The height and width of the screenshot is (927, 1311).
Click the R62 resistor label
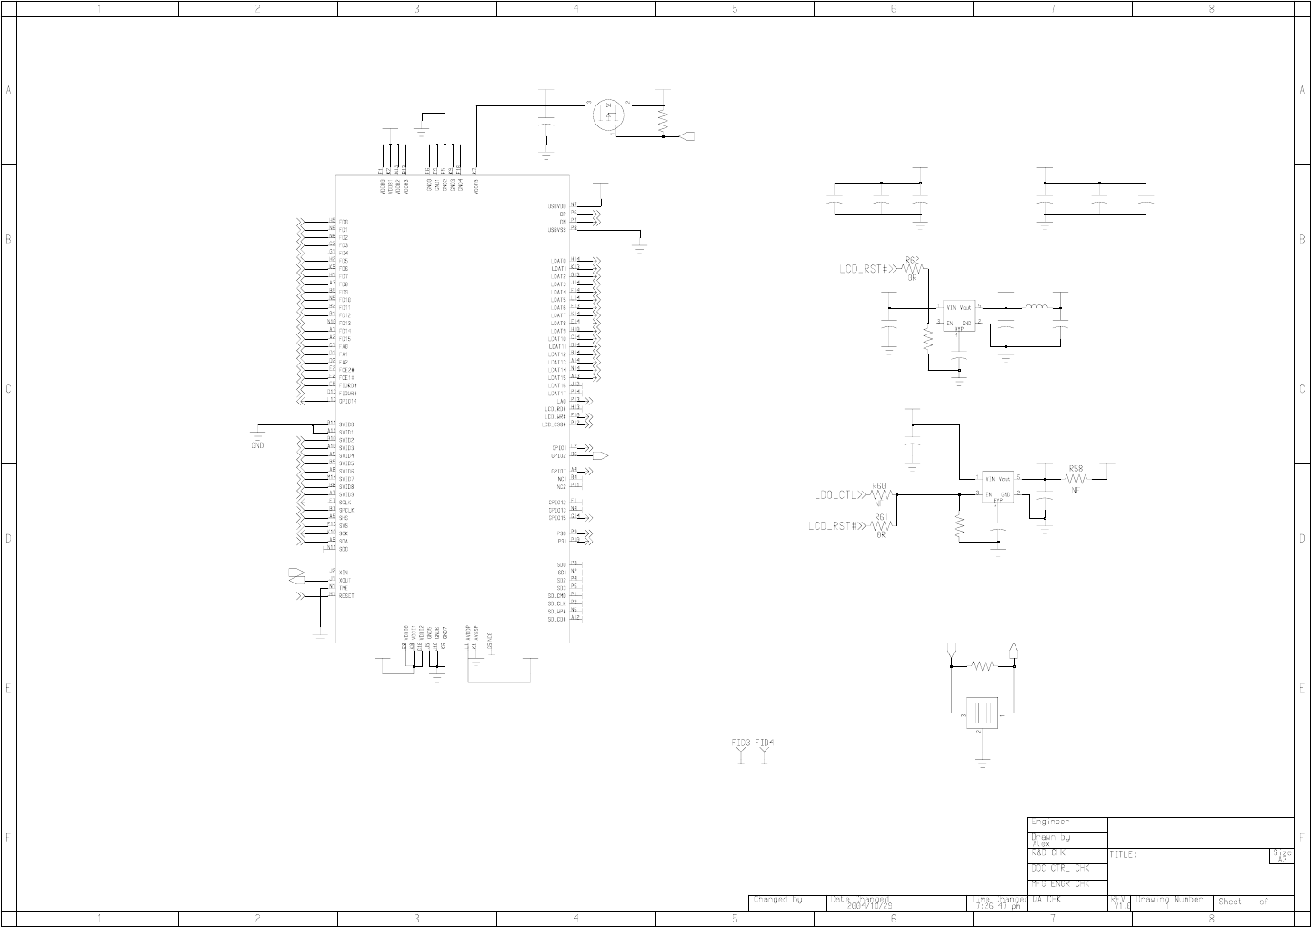[x=912, y=261]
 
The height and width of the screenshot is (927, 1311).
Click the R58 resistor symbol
[x=1076, y=479]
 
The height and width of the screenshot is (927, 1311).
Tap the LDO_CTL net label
[x=836, y=495]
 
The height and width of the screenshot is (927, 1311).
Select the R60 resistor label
[x=879, y=487]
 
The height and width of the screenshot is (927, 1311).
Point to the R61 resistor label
[x=881, y=517]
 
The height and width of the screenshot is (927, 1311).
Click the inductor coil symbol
[x=1037, y=307]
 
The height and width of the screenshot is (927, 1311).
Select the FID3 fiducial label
[x=741, y=743]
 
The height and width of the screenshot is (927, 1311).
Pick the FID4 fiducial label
[x=765, y=743]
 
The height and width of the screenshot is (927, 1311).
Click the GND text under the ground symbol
[x=257, y=445]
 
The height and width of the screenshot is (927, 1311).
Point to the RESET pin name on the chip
[x=346, y=596]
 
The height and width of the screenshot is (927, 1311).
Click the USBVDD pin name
[x=557, y=206]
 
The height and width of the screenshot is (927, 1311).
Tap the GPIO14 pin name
[x=347, y=401]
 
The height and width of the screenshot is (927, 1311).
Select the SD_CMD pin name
[x=556, y=595]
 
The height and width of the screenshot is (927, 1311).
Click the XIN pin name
[x=344, y=573]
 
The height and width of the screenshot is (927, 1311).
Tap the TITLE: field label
[x=1124, y=855]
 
